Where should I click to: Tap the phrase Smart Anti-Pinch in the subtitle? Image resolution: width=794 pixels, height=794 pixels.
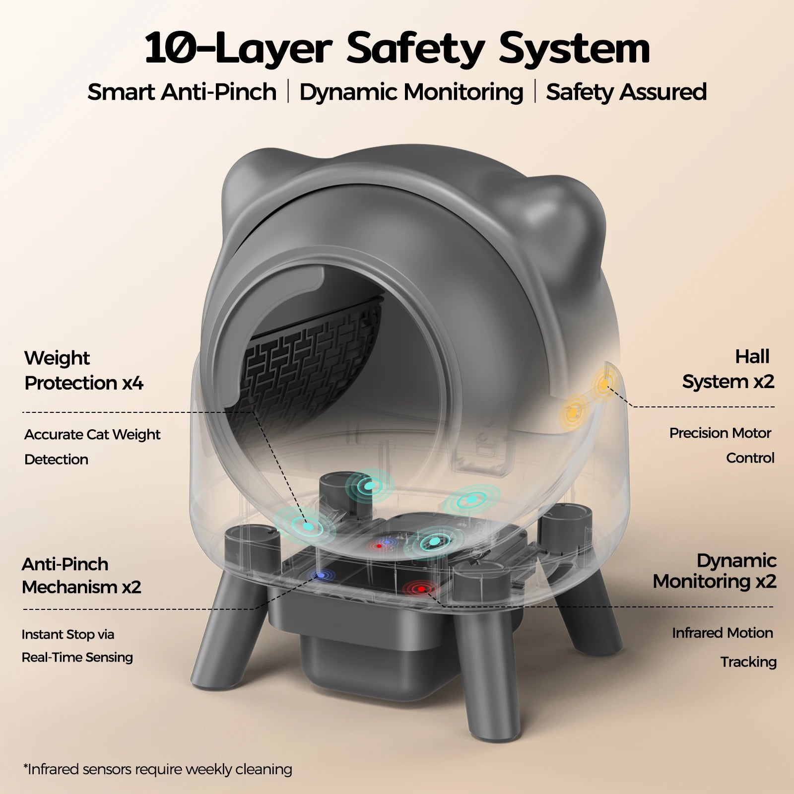tap(182, 92)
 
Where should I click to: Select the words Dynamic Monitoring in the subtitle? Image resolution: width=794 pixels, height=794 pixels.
tap(411, 92)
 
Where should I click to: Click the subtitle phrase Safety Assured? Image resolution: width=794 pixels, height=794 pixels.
tap(626, 92)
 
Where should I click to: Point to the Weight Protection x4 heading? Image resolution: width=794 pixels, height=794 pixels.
tap(83, 370)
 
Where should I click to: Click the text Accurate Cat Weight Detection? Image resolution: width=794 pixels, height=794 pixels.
tap(92, 446)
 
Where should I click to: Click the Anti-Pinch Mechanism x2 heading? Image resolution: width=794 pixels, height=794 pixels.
tap(81, 576)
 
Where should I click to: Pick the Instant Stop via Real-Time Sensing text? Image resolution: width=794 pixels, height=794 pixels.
tap(77, 646)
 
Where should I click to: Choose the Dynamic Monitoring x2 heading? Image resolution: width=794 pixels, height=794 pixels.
tap(715, 571)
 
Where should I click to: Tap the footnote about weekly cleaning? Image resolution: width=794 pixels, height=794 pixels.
tap(157, 770)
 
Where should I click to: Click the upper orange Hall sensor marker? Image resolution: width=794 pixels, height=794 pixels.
tap(604, 384)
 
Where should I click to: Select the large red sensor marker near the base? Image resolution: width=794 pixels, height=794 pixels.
tap(421, 589)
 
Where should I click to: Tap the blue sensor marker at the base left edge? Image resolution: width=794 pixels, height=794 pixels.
tap(321, 575)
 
